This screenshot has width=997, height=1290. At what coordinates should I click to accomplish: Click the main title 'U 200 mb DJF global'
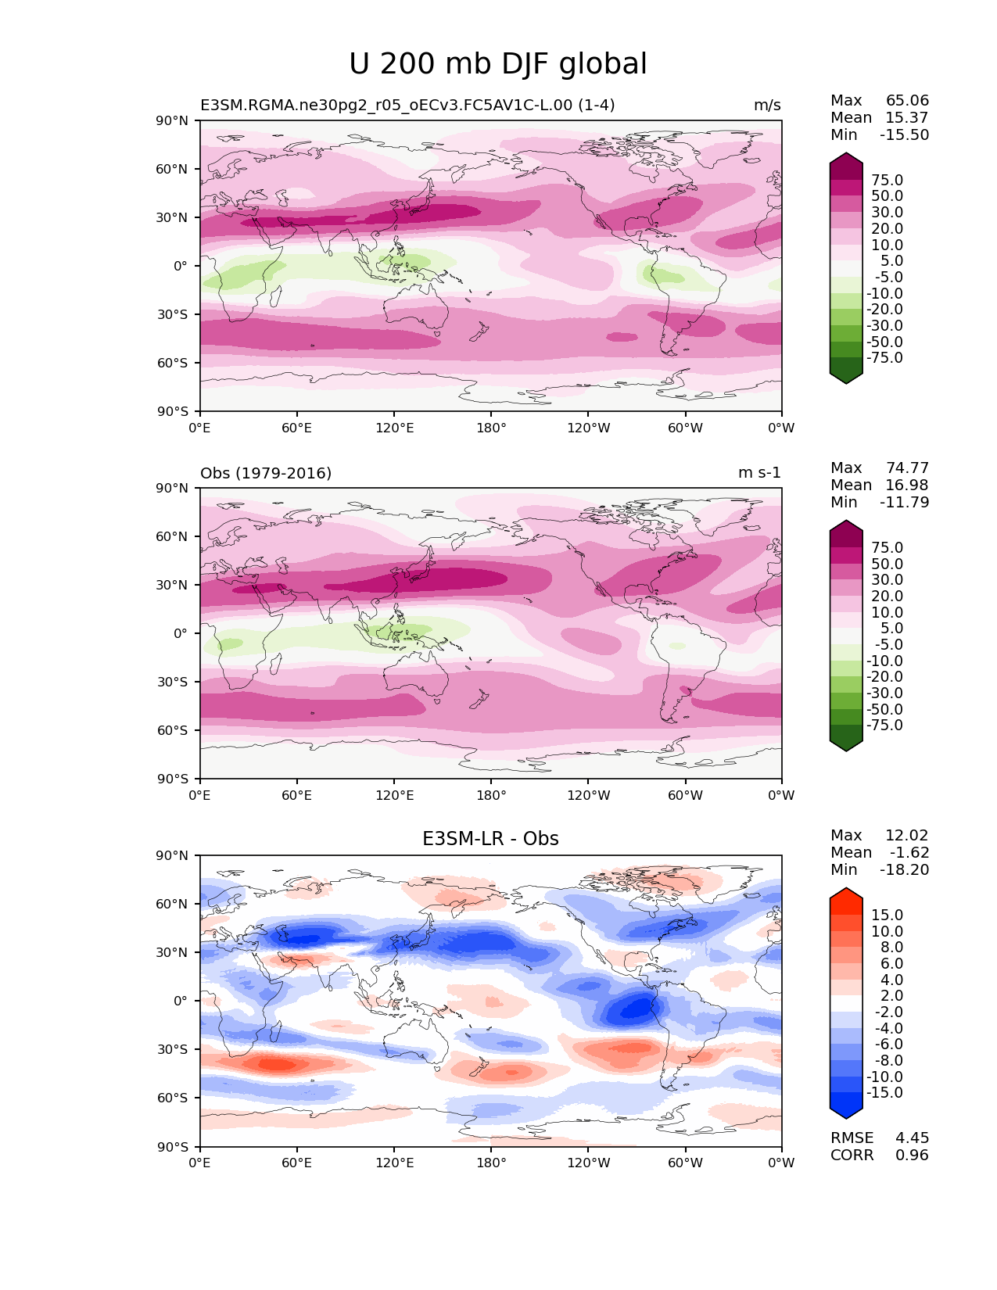pos(498,64)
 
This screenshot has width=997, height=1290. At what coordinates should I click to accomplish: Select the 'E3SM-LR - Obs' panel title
pos(490,839)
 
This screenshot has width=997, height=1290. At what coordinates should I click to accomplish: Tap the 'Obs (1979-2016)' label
pos(266,473)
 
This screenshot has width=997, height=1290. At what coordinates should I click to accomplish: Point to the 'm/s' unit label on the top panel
pos(767,105)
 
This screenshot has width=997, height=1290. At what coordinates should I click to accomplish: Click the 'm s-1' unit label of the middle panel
pos(759,473)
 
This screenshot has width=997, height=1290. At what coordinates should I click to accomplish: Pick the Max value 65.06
pos(907,100)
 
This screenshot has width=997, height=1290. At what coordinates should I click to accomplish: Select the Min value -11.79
pos(904,502)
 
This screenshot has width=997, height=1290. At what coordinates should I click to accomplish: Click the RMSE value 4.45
pos(912,1138)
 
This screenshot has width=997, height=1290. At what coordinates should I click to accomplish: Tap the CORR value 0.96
pos(912,1155)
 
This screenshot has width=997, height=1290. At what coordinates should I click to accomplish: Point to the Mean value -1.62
pos(909,852)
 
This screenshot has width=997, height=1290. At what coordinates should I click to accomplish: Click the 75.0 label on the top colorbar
pos(887,180)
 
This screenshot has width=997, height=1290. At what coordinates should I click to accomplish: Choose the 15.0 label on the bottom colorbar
pos(887,915)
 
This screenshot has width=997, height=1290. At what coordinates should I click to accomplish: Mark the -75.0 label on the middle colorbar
pos(884,725)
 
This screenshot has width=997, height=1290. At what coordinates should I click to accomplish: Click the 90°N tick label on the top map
pos(173,120)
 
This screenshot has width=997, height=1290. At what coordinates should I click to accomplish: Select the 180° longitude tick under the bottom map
pos(491,1163)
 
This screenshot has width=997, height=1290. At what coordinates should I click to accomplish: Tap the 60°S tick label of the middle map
pos(173,730)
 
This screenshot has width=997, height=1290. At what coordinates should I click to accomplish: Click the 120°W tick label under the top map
pos(589,428)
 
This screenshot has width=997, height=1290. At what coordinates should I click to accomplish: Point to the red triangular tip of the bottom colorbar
pos(846,895)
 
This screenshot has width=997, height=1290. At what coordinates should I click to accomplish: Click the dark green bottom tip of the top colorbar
pos(846,376)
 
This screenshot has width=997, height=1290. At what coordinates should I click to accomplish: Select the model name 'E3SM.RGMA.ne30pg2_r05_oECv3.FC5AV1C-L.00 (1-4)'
pos(407,105)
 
